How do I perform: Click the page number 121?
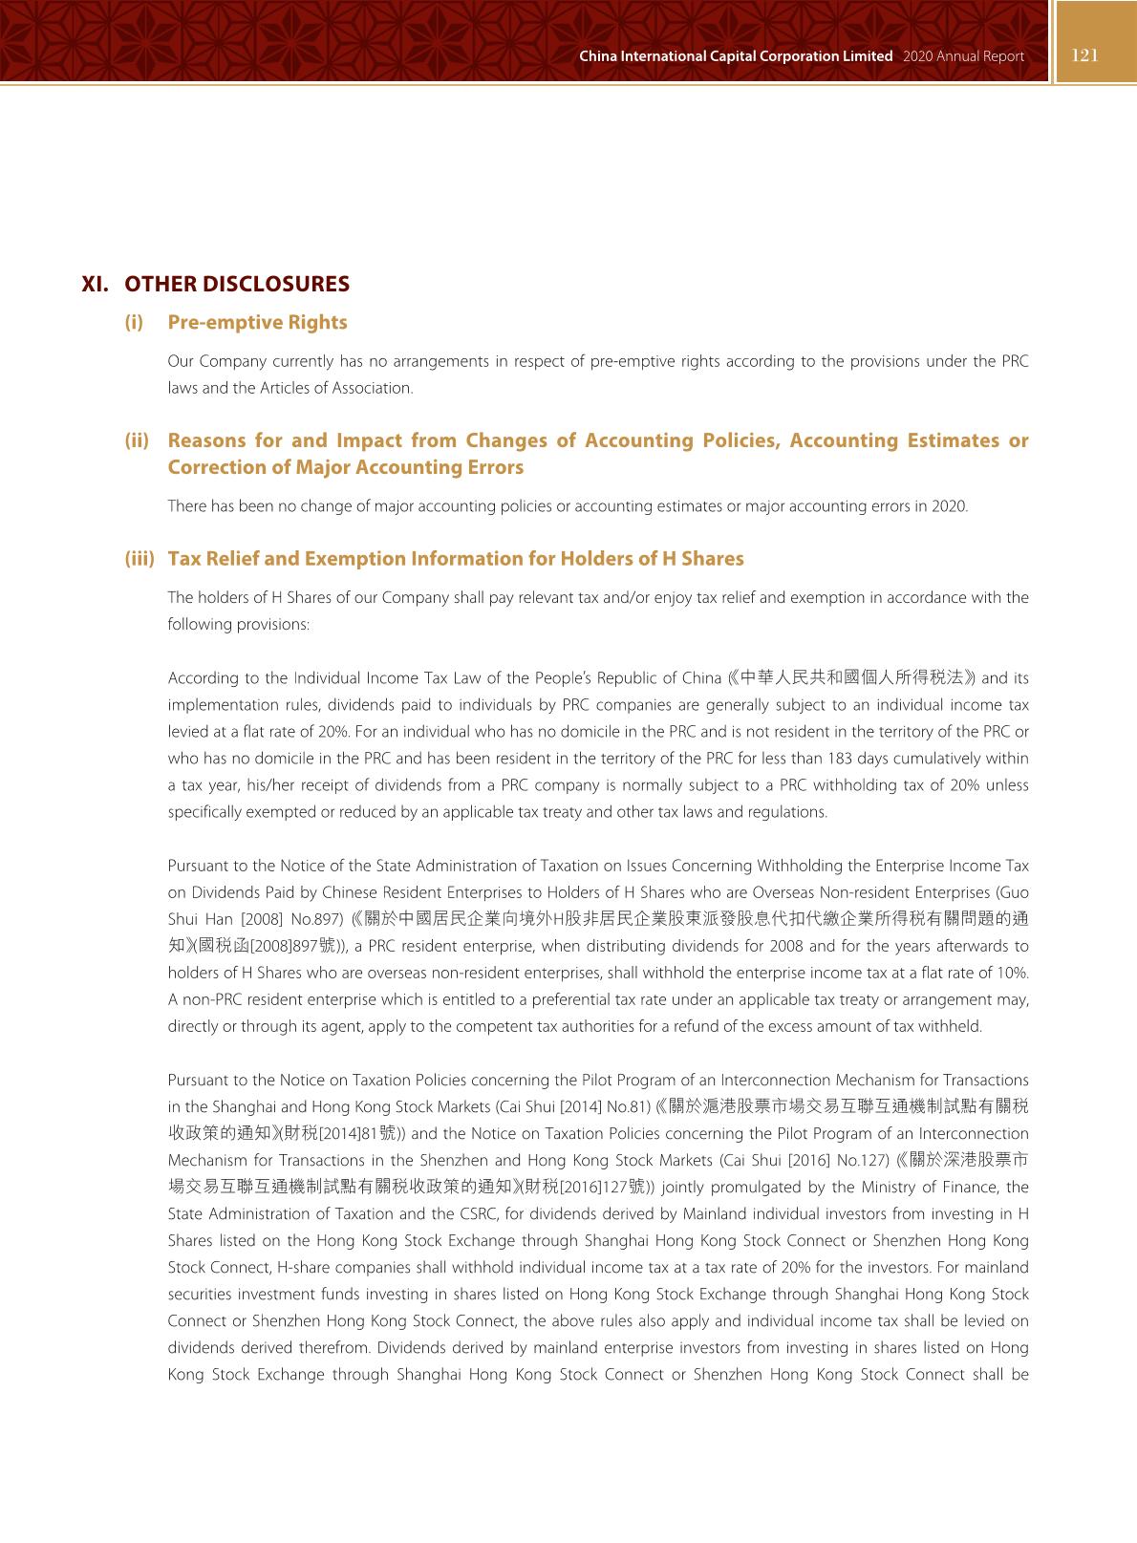(1085, 55)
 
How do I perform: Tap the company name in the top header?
(736, 56)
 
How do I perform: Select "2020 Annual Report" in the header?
(962, 56)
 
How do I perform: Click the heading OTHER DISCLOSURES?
(237, 284)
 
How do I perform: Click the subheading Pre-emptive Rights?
(257, 322)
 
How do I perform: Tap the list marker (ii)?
(138, 440)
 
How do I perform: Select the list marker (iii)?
(139, 559)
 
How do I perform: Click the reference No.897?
(317, 919)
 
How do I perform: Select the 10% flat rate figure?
(1013, 973)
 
